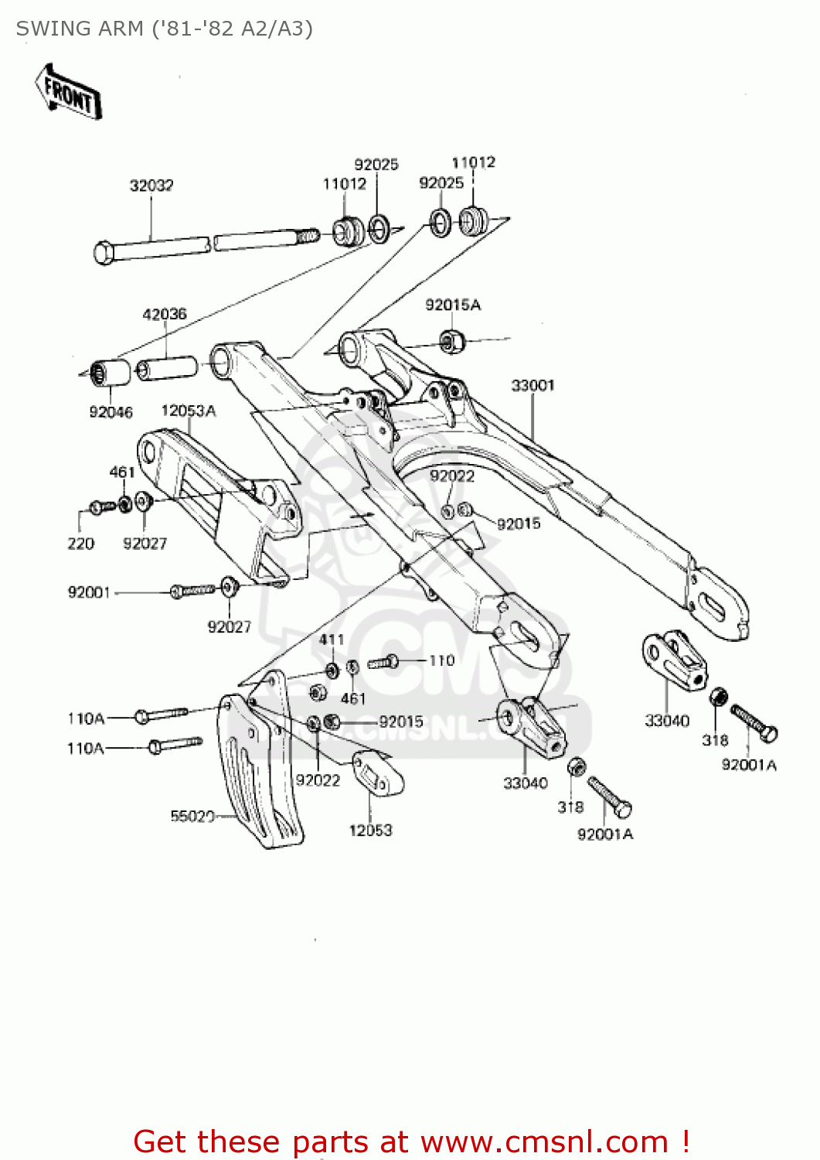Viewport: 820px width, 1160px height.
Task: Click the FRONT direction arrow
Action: [68, 91]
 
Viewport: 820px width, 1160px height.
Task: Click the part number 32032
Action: [151, 186]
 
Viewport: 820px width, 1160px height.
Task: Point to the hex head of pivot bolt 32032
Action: [104, 253]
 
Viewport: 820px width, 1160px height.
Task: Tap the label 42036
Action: [165, 314]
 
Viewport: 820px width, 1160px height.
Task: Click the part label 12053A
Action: [189, 411]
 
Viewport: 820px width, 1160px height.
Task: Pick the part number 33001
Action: [532, 385]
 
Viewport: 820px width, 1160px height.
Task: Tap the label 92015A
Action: [453, 305]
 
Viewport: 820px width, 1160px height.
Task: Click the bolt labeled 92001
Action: [192, 591]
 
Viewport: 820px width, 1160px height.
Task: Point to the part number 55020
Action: [192, 816]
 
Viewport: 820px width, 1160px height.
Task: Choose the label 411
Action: [332, 640]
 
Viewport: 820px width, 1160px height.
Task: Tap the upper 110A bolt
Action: [161, 715]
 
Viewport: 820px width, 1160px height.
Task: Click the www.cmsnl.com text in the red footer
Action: [544, 1141]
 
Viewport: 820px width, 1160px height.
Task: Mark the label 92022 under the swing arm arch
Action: [452, 476]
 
